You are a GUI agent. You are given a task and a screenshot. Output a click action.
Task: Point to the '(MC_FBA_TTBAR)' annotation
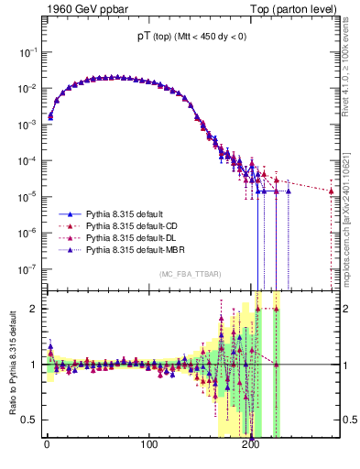189,275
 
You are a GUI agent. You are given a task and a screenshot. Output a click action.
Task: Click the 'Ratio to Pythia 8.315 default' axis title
13,365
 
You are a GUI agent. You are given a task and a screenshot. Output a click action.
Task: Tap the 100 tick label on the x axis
148,449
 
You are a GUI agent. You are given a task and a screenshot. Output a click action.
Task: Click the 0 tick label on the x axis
47,449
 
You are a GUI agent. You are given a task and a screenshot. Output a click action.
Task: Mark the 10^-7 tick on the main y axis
27,268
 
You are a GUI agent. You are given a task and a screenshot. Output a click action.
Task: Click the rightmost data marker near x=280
332,191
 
